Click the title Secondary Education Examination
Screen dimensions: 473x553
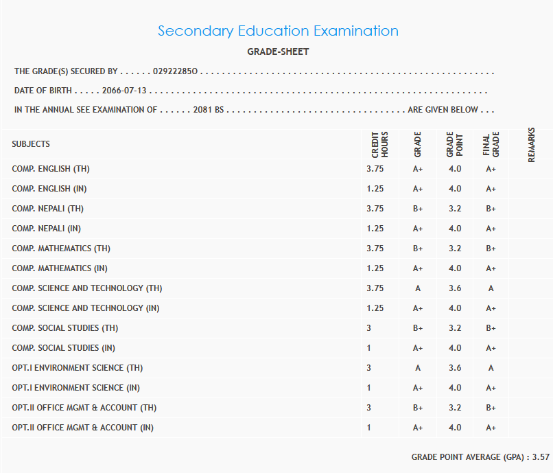coord(278,31)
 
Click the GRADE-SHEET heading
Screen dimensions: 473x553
coord(278,52)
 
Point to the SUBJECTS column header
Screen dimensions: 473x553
coord(31,144)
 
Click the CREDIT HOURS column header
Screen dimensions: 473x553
coord(379,145)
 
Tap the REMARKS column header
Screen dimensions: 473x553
coord(531,145)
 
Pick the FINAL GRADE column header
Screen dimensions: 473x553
coord(491,145)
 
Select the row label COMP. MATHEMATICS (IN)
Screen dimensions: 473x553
coord(60,268)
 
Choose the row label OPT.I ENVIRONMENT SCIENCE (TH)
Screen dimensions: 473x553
coord(78,368)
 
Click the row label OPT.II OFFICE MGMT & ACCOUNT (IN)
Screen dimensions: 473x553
coord(82,428)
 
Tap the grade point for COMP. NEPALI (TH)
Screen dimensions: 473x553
coord(454,209)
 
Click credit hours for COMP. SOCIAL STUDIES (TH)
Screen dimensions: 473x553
coord(369,328)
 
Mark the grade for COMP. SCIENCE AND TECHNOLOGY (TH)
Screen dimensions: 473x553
coord(418,288)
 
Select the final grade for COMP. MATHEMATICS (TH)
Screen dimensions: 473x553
coord(491,249)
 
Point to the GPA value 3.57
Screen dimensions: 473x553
coord(541,457)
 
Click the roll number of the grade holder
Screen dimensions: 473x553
coord(176,71)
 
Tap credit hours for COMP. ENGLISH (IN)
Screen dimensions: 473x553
coord(375,189)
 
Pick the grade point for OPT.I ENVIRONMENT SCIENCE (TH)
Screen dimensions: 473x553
coord(454,368)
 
